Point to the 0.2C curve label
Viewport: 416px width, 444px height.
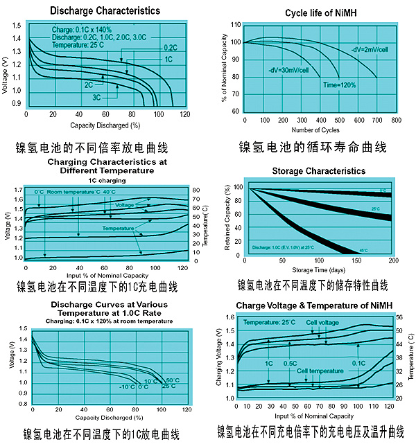tap(171, 46)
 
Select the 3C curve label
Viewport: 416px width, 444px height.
tap(97, 98)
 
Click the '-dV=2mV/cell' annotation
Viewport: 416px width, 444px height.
tap(366, 48)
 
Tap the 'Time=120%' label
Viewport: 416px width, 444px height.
tap(339, 85)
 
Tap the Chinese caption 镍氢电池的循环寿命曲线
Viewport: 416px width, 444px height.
tap(313, 148)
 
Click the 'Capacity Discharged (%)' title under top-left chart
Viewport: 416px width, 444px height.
tap(105, 125)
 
